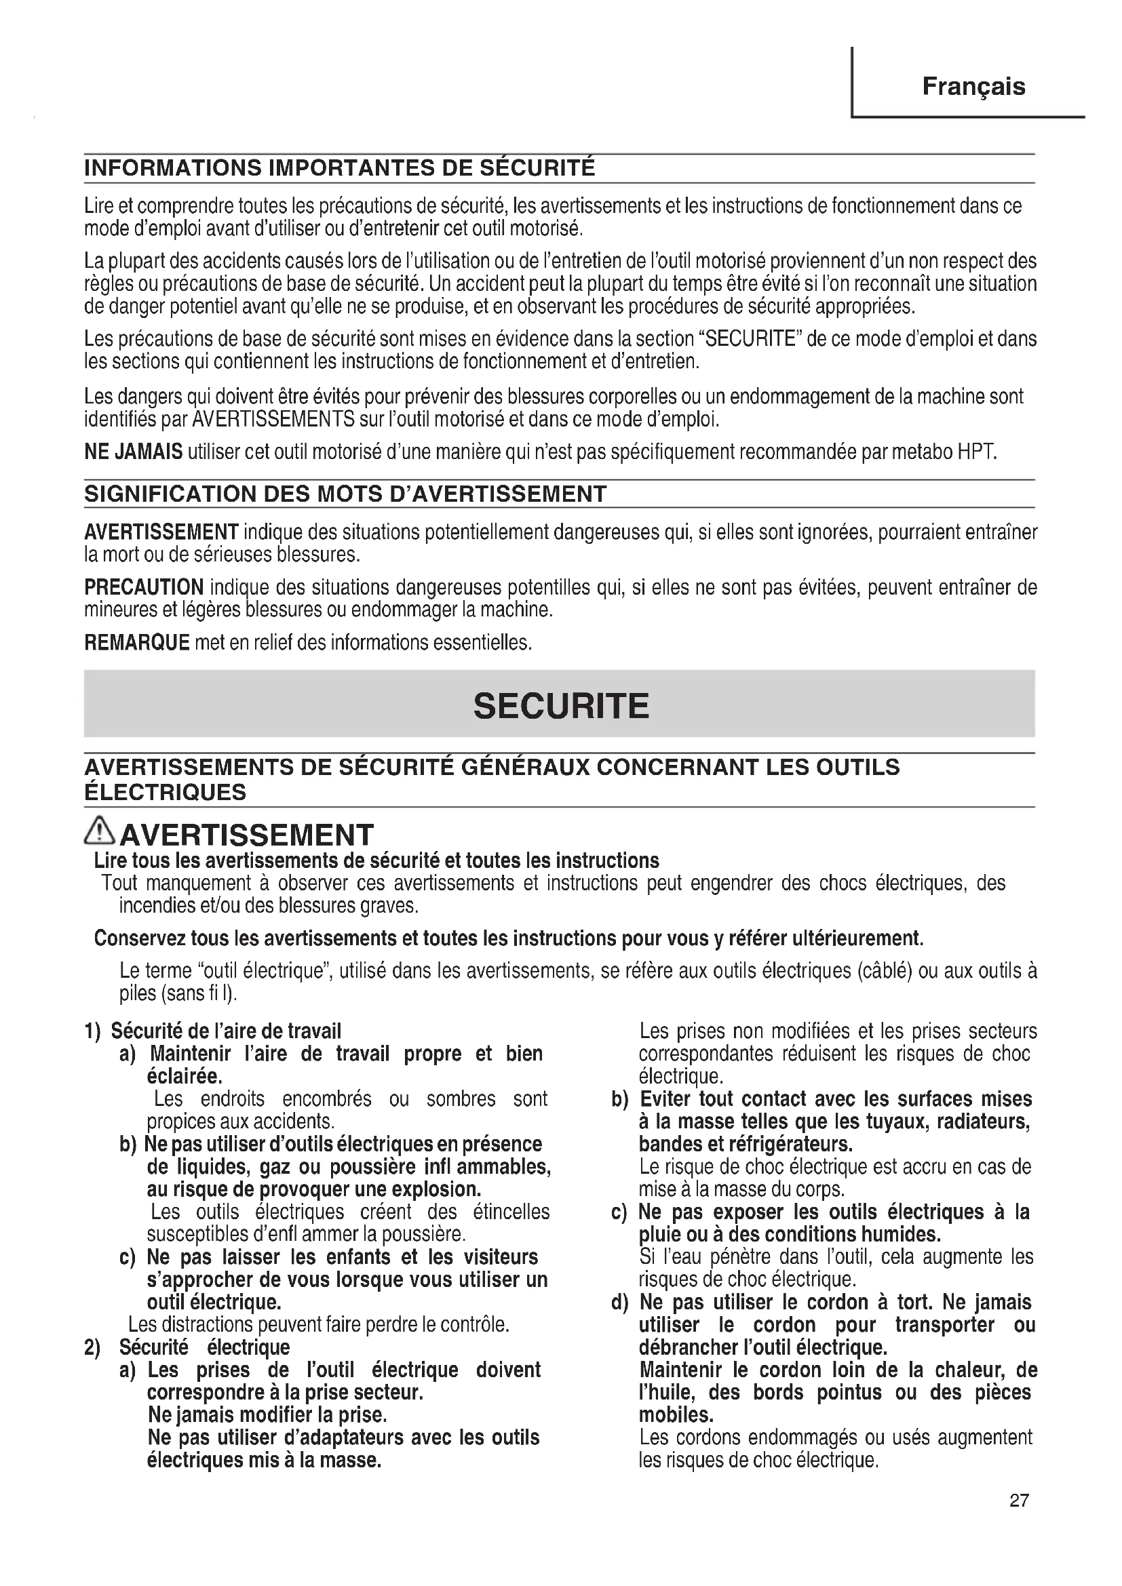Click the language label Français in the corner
pos(973,87)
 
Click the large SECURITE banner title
pos(561,706)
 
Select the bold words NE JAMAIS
pos(134,452)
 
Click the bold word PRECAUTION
pos(144,588)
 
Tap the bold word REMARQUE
pos(137,643)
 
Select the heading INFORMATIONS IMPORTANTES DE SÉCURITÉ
pos(339,169)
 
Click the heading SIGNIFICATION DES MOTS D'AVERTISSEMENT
pos(345,494)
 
